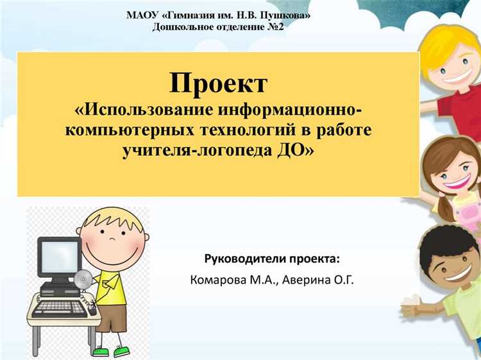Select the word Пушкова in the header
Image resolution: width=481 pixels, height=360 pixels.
286,15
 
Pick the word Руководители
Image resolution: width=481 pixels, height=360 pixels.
241,259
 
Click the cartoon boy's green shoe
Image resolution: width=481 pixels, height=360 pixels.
100,351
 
